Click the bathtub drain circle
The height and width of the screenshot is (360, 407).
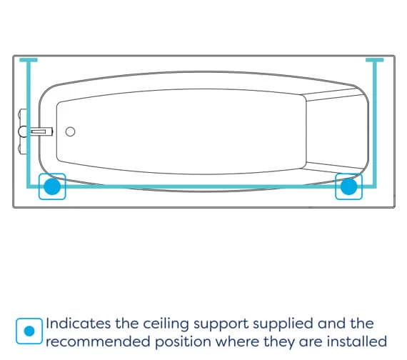71,131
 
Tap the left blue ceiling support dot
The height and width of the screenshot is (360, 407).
52,186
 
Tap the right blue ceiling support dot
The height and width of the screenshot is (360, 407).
348,186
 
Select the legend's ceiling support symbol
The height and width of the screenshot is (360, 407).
29,331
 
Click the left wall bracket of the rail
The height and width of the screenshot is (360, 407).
29,60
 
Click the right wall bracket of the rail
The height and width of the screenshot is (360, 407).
375,60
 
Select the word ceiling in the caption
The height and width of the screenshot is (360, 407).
166,324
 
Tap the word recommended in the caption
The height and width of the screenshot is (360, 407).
98,341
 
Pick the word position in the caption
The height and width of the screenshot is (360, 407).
183,342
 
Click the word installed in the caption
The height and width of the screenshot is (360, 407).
357,341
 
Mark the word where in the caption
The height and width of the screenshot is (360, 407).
237,341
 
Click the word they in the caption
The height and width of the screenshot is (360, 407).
279,342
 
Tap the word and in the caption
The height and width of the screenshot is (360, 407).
331,324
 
